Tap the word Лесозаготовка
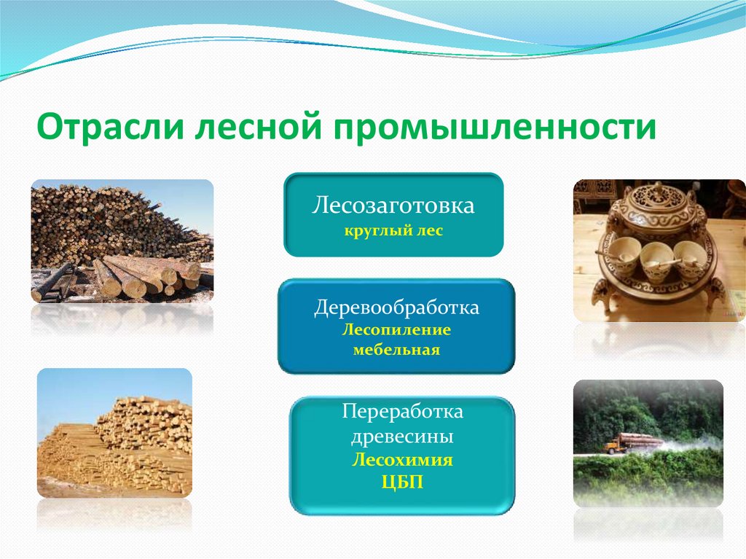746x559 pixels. (393, 206)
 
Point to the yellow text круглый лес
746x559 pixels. (393, 232)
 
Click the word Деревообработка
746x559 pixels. (396, 308)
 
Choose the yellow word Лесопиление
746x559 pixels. (396, 330)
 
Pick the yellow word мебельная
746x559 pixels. (396, 351)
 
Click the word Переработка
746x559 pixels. (402, 412)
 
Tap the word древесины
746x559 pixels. (402, 437)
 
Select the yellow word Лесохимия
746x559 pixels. (402, 461)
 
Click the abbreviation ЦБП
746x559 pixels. (402, 481)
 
